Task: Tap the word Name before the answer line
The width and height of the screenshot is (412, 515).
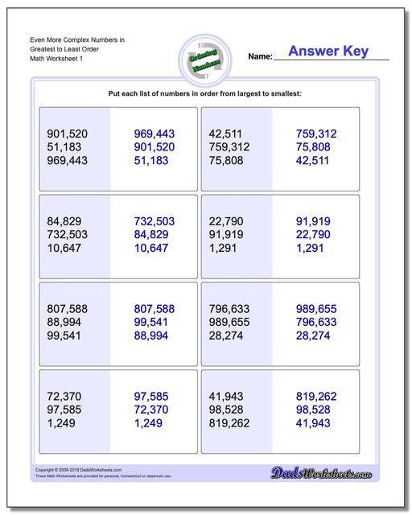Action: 259,57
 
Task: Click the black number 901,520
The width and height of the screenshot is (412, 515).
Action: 68,134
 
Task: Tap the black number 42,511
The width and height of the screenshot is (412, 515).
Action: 226,134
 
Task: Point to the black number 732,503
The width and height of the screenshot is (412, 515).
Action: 68,234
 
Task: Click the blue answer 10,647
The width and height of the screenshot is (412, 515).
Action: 152,248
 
